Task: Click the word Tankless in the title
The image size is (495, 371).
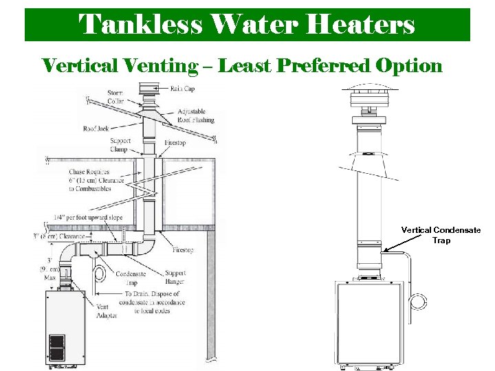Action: (141, 24)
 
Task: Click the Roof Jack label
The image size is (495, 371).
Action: (97, 128)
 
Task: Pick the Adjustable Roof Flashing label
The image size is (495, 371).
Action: (195, 115)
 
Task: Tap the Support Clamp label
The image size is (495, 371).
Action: (120, 144)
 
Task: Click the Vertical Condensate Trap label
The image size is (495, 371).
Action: (441, 235)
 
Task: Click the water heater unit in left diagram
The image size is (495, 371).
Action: (65, 326)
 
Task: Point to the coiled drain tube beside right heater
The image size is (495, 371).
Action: (417, 300)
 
